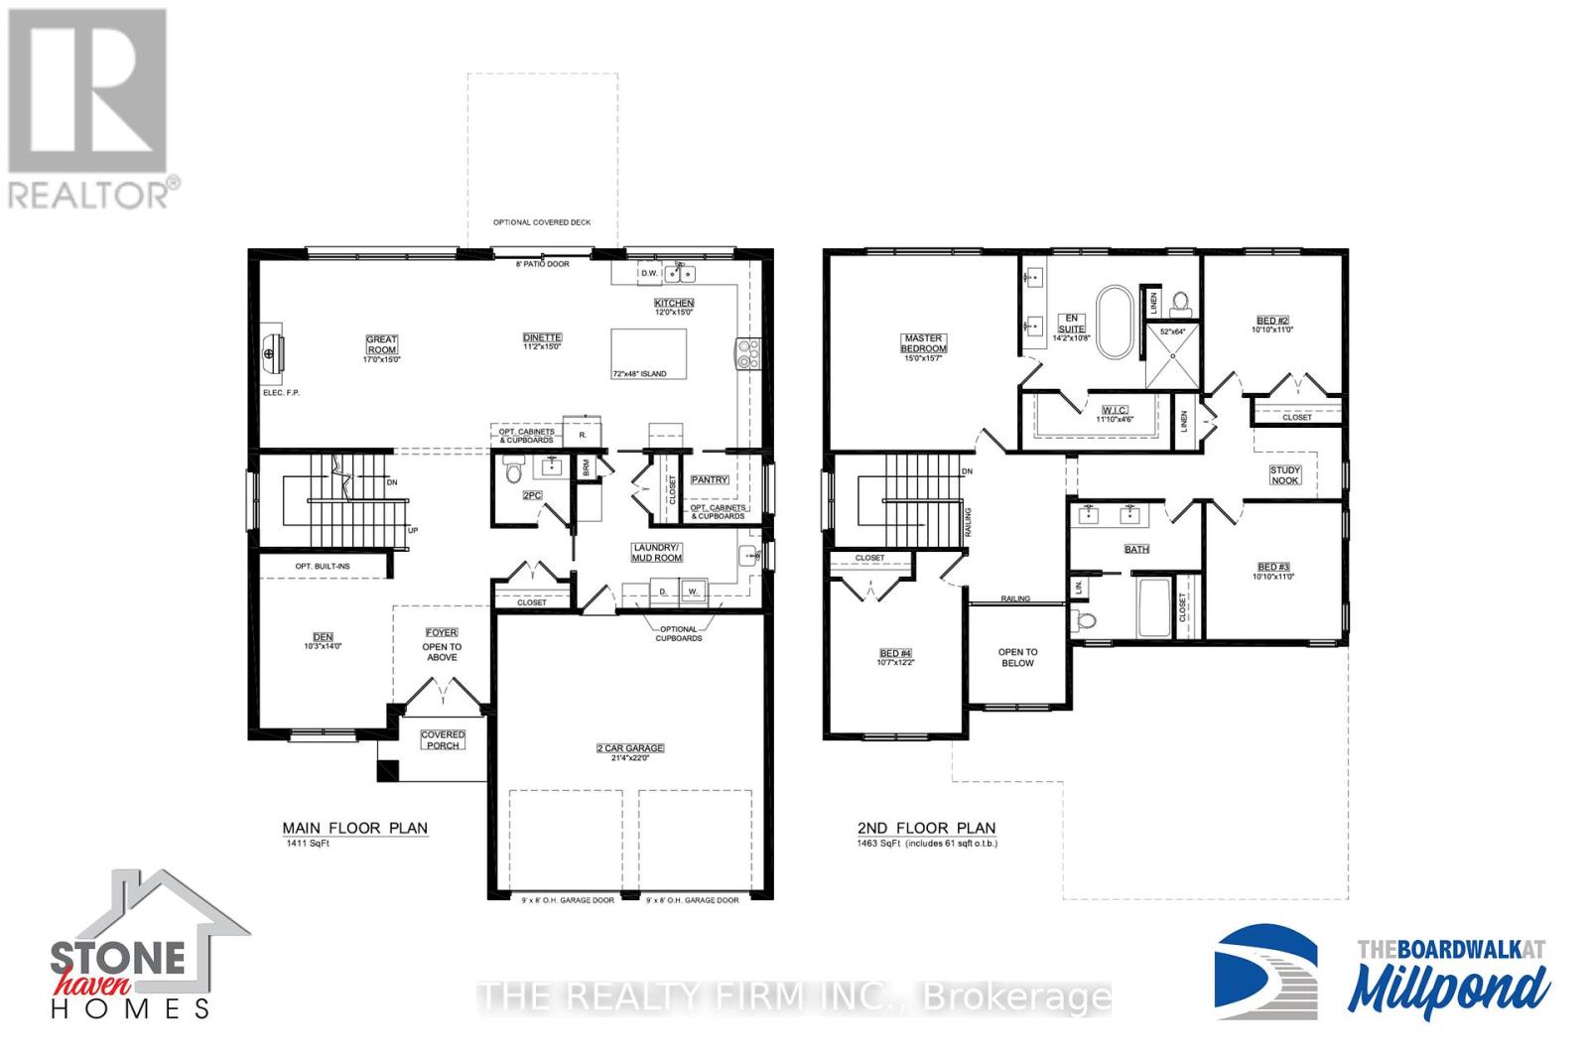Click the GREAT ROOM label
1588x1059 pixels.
click(x=382, y=344)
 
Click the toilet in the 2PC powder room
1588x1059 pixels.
click(x=513, y=470)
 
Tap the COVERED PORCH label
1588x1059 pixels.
click(x=443, y=740)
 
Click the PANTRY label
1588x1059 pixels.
click(x=710, y=480)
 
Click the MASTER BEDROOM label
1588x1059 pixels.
click(x=923, y=343)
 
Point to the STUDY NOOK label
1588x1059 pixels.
click(x=1284, y=475)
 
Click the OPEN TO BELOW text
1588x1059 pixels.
click(x=1017, y=657)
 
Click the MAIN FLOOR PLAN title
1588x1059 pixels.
click(x=355, y=828)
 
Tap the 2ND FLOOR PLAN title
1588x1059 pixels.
click(x=926, y=828)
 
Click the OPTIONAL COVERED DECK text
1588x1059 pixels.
click(x=542, y=222)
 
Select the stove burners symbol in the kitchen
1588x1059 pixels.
click(x=747, y=354)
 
